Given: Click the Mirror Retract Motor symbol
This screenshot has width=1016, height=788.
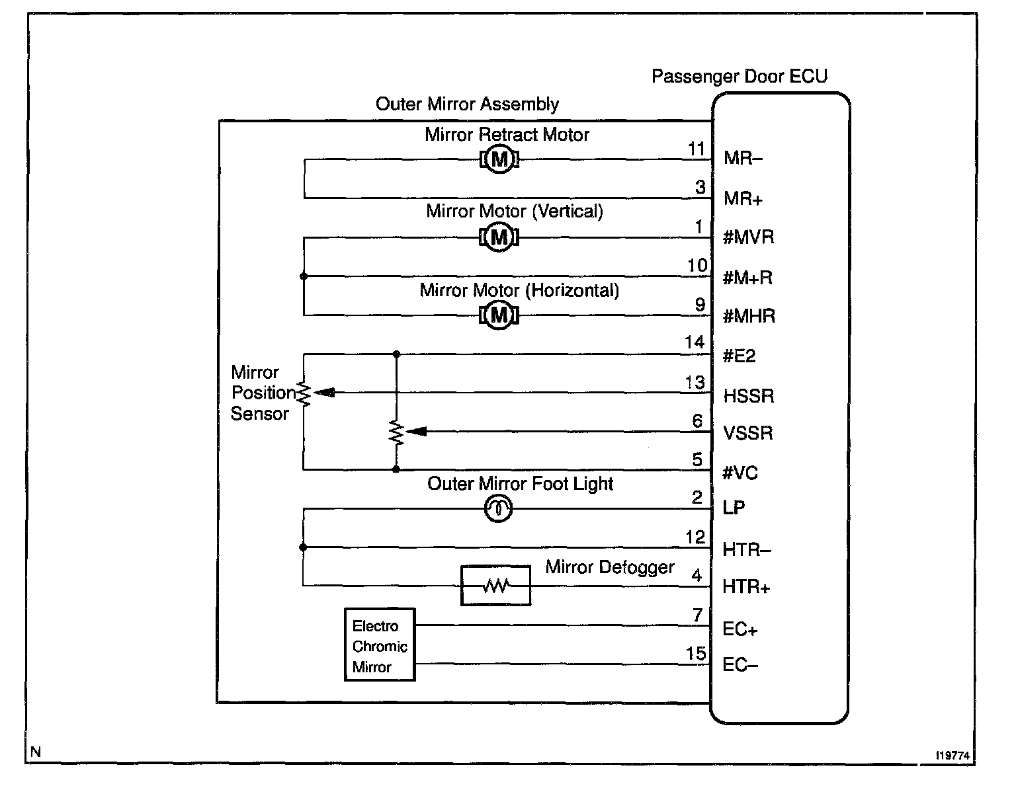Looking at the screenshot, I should click(499, 159).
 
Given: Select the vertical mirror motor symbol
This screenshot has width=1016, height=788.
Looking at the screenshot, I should click(499, 237).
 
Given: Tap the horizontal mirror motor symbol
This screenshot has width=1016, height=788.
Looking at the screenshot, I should click(499, 315).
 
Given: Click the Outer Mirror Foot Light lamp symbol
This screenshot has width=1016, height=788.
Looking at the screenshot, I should click(499, 508).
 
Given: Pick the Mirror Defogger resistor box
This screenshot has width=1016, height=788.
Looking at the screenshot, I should click(495, 585).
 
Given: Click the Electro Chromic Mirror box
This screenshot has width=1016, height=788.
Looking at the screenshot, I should click(380, 645).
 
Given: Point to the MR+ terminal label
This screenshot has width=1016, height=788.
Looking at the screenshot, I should click(743, 198).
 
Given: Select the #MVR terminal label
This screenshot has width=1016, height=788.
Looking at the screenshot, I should click(748, 237).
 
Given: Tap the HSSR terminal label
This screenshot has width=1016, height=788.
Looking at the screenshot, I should click(748, 395).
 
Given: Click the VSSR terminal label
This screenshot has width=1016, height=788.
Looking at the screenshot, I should click(747, 433).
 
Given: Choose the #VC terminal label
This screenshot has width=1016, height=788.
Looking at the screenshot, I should click(740, 473).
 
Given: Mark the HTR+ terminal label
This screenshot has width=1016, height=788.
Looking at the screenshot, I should click(746, 587).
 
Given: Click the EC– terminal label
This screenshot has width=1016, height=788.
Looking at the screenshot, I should click(740, 664).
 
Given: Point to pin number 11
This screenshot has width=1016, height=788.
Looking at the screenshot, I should click(697, 149).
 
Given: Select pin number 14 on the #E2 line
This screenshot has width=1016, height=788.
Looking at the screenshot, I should click(695, 342).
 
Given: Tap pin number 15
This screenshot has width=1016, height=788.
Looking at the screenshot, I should click(696, 654).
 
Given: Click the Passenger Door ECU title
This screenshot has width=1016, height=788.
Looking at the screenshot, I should click(739, 76).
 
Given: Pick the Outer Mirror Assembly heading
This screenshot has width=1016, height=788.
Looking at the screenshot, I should click(467, 104).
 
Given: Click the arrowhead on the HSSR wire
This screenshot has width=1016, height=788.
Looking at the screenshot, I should click(324, 393).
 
